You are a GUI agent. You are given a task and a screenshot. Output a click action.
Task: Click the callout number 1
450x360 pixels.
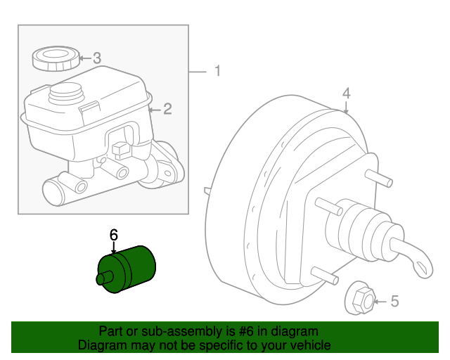[217, 71]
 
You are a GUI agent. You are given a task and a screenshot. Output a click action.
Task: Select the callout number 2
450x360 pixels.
[167, 108]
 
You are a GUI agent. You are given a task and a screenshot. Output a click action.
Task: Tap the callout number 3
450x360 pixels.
[97, 58]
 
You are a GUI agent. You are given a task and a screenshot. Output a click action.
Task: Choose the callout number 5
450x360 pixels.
[394, 302]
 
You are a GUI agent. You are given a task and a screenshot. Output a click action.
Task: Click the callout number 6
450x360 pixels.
[114, 236]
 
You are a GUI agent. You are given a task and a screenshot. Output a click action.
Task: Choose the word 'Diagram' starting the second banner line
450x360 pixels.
[99, 345]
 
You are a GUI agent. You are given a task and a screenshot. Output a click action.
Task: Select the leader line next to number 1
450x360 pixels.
[199, 71]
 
